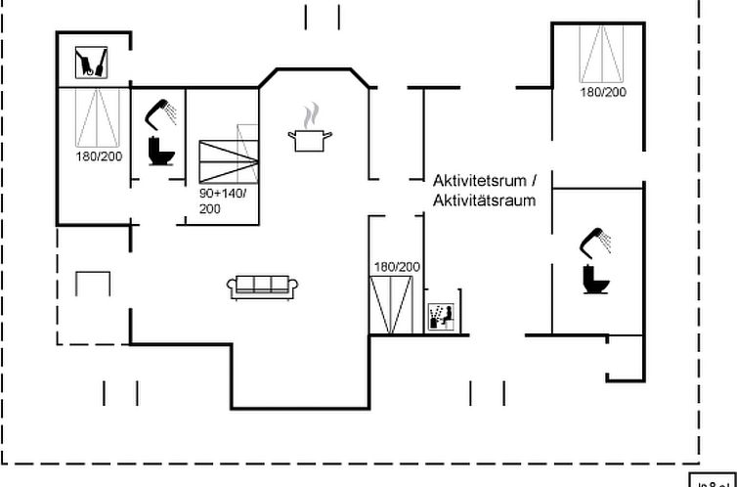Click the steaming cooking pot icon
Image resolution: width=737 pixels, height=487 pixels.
tap(311, 139)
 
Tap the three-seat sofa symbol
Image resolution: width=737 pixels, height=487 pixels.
tap(262, 286)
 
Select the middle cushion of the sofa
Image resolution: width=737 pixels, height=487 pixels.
tap(262, 285)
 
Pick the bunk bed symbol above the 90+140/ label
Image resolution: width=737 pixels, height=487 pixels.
tap(228, 159)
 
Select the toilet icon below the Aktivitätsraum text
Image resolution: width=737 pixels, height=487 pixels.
tap(595, 279)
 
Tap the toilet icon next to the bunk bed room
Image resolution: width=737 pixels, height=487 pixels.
tap(158, 151)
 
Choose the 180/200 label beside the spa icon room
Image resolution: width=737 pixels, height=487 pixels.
tap(396, 266)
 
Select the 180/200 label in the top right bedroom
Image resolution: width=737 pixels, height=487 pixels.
tap(603, 92)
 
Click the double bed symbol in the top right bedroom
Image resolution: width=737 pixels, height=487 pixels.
tap(602, 55)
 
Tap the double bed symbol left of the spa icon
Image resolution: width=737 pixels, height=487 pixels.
tap(394, 304)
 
